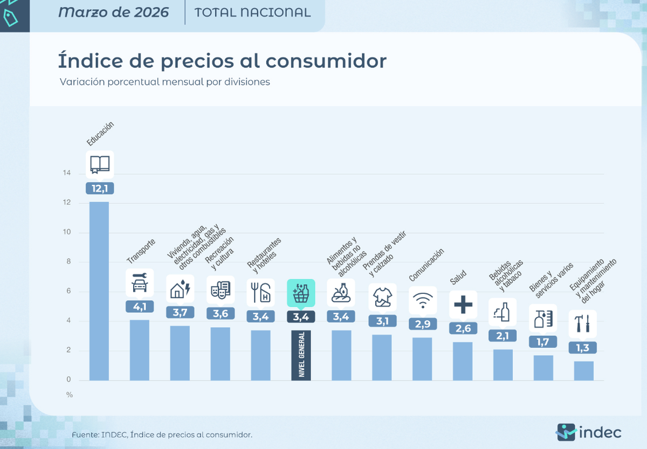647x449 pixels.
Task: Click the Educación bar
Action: pos(99,291)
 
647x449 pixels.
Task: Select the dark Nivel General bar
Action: pos(301,355)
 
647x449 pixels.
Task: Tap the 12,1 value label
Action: pos(100,189)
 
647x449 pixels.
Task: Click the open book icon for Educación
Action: pos(100,164)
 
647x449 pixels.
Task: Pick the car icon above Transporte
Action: pos(140,282)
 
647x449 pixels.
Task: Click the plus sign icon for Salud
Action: pos(463,305)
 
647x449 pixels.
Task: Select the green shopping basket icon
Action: pos(300,293)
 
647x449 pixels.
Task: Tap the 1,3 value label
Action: pos(583,348)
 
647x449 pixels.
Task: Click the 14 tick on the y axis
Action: pos(66,174)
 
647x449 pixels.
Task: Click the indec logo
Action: pos(589,432)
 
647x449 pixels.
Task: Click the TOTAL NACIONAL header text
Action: pos(252,12)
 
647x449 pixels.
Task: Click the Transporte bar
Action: pos(140,350)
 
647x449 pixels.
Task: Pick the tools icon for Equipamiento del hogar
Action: pos(583,323)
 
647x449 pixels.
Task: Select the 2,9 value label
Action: pos(422,324)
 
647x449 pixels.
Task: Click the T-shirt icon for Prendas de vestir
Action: pos(382,296)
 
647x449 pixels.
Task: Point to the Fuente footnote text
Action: pos(162,434)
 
